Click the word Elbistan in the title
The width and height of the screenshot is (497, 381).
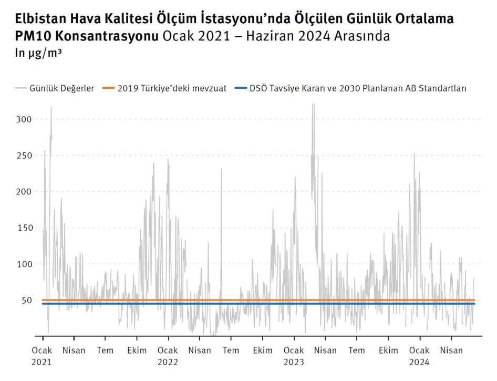(x=38, y=19)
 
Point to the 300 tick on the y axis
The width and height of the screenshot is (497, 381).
(x=24, y=119)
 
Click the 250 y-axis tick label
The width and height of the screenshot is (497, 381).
(x=24, y=156)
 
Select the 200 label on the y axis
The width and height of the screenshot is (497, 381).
(x=24, y=192)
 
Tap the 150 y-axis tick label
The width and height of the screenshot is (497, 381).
(x=24, y=228)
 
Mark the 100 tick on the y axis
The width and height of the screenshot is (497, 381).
(x=24, y=264)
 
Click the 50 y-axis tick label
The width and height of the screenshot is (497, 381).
(x=26, y=301)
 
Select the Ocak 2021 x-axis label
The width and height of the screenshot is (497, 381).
(x=42, y=356)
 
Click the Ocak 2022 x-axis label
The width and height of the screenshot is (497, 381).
(x=168, y=356)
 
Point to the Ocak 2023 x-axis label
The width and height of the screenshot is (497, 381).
(x=294, y=356)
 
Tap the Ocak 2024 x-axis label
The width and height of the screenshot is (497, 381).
(x=419, y=356)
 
